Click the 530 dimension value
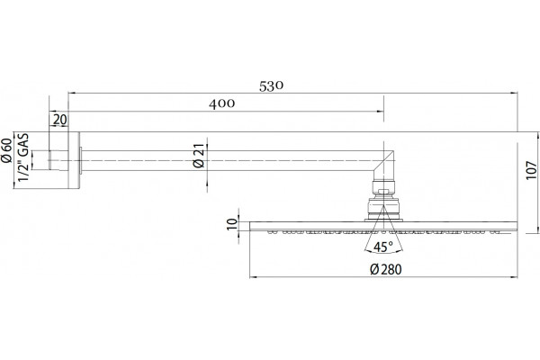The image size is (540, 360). (271, 86)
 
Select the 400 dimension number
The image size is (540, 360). (221, 103)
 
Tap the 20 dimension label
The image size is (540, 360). (59, 120)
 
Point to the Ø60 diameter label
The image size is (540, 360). (7, 150)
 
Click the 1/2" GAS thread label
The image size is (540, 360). (23, 157)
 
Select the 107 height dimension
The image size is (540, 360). (532, 170)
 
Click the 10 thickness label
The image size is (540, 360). (232, 224)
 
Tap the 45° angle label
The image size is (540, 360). (383, 247)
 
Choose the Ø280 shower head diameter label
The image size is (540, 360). (386, 269)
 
